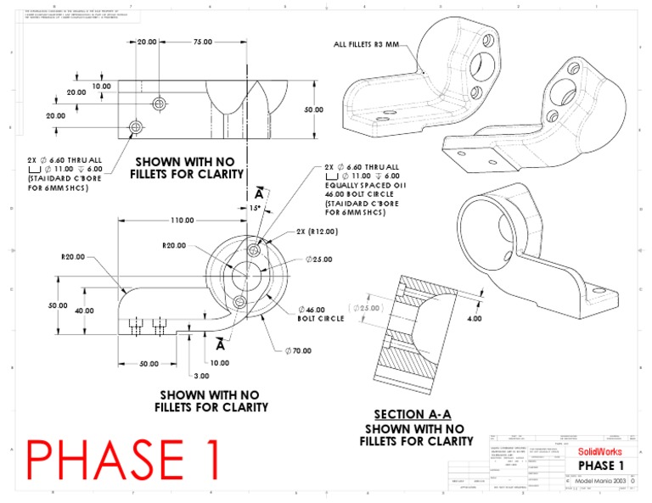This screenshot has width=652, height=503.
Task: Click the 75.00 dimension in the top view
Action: click(203, 42)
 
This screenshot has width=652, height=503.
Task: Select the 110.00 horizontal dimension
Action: click(182, 221)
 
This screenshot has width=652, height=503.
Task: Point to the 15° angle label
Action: click(254, 208)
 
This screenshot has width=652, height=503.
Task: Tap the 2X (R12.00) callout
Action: click(318, 232)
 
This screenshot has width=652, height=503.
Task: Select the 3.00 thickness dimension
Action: click(201, 375)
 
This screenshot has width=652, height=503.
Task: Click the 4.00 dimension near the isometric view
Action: click(474, 319)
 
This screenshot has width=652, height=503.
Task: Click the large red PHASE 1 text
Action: click(125, 461)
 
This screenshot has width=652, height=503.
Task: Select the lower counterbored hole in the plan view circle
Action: click(239, 303)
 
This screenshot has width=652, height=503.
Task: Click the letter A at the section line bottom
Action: click(220, 346)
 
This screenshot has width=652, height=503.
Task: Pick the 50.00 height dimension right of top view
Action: click(314, 109)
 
